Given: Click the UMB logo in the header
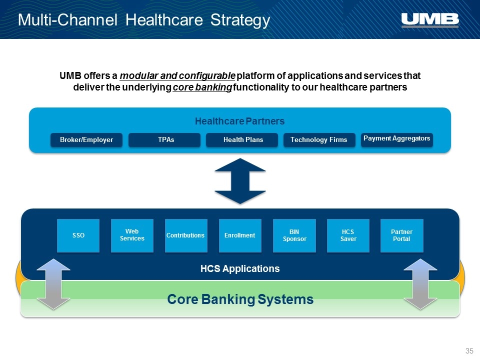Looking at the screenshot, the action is point(430,20).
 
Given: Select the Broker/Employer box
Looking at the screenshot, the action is point(86,140).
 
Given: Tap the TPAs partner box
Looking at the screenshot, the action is point(164,140).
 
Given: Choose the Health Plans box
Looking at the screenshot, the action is point(242,140).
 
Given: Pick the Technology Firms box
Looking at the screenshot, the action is point(319,140).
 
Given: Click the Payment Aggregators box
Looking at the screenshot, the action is point(396,140).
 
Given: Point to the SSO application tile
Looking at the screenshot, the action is point(78,235).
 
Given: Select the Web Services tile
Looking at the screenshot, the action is point(132,235).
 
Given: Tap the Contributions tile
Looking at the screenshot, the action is point(186,235).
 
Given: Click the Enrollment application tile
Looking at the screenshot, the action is point(240,235).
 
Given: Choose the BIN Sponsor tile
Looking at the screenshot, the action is point(294,235).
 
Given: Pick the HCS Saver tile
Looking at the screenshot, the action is point(348,235).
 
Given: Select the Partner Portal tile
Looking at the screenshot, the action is point(402,235).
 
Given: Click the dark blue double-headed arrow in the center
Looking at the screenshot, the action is point(240,181).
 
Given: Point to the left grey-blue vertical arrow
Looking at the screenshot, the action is point(53,284).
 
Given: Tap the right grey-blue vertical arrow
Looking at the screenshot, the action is point(420,284).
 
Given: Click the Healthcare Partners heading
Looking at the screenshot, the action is point(239,121).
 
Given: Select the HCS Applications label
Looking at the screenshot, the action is point(240,269).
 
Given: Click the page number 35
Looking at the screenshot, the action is point(469,351).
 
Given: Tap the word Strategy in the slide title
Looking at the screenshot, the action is point(240,20).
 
